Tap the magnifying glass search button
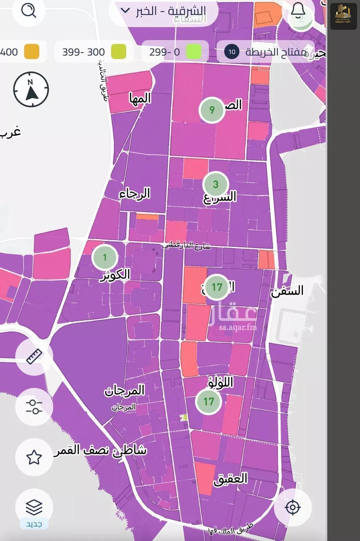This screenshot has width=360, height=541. point(28,11)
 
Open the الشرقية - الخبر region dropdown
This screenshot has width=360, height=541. point(164,11)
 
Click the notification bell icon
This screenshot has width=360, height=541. point(298,11)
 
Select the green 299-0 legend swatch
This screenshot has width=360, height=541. point(193,52)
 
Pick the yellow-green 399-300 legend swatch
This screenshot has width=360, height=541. point(119,52)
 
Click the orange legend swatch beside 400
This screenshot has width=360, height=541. point(32,52)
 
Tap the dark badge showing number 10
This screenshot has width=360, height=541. point(232,52)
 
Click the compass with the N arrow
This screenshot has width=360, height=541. point(31,89)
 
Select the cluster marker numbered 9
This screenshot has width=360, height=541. point(212,110)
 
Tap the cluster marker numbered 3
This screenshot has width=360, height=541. point(215,184)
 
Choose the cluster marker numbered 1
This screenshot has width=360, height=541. point(105,257)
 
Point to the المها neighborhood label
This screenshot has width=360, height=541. point(140,98)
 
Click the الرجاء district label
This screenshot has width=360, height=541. point(135,194)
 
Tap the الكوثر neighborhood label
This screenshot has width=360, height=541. point(115,275)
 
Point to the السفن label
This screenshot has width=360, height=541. point(287,291)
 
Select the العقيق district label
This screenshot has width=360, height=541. point(230,478)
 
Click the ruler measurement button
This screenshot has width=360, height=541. point(34,356)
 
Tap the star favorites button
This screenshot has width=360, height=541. point(34,457)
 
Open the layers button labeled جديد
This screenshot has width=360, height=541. point(34,508)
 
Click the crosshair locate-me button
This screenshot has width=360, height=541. point(292,507)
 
